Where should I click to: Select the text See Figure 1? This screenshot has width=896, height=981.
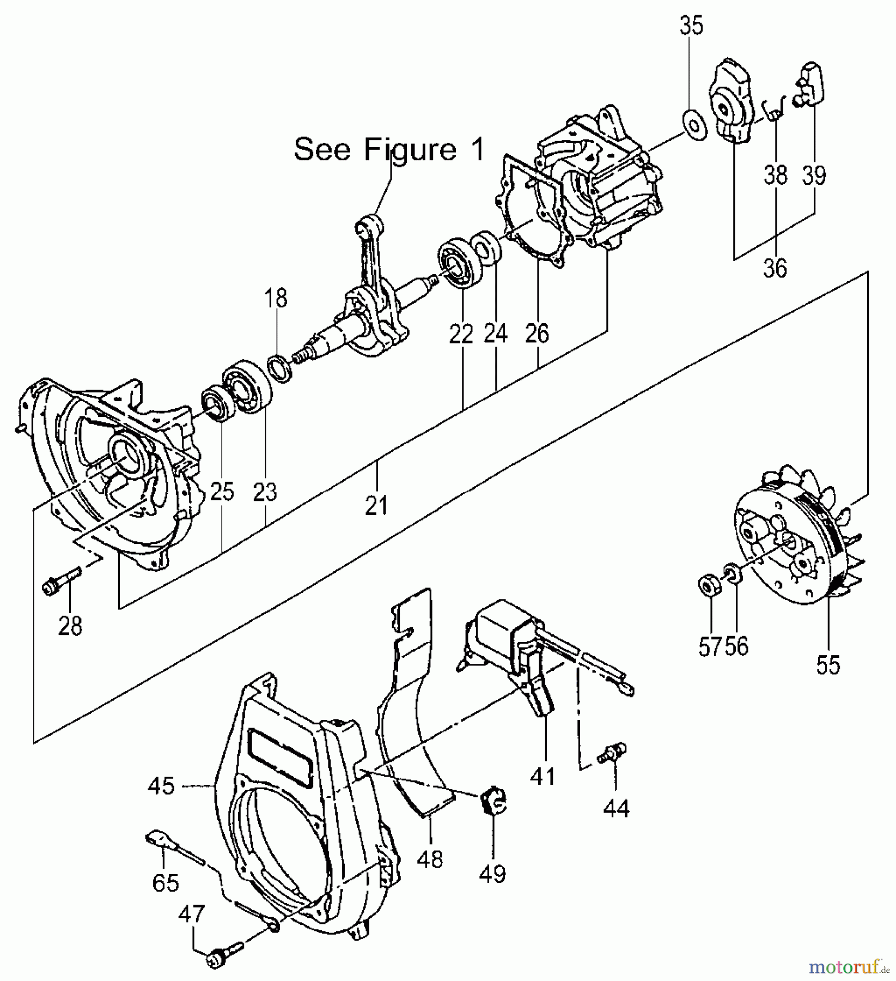pyautogui.click(x=389, y=149)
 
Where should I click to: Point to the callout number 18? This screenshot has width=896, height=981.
pyautogui.click(x=276, y=298)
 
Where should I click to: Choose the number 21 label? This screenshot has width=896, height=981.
pyautogui.click(x=377, y=506)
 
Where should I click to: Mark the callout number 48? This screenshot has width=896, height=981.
pyautogui.click(x=430, y=859)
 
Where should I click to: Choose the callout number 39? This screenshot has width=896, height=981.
pyautogui.click(x=814, y=175)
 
